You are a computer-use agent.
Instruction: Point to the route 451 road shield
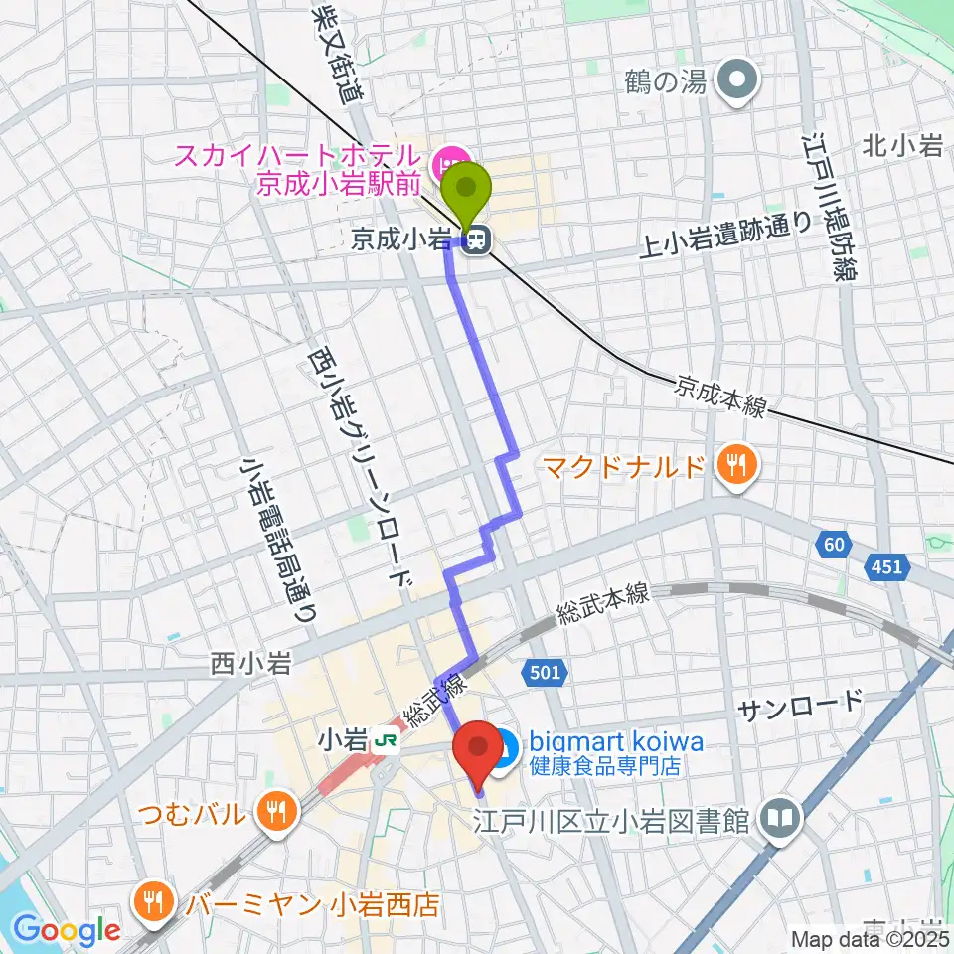coord(887,567)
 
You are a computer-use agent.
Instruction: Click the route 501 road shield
coord(546,674)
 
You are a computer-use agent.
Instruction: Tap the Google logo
coord(67,931)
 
